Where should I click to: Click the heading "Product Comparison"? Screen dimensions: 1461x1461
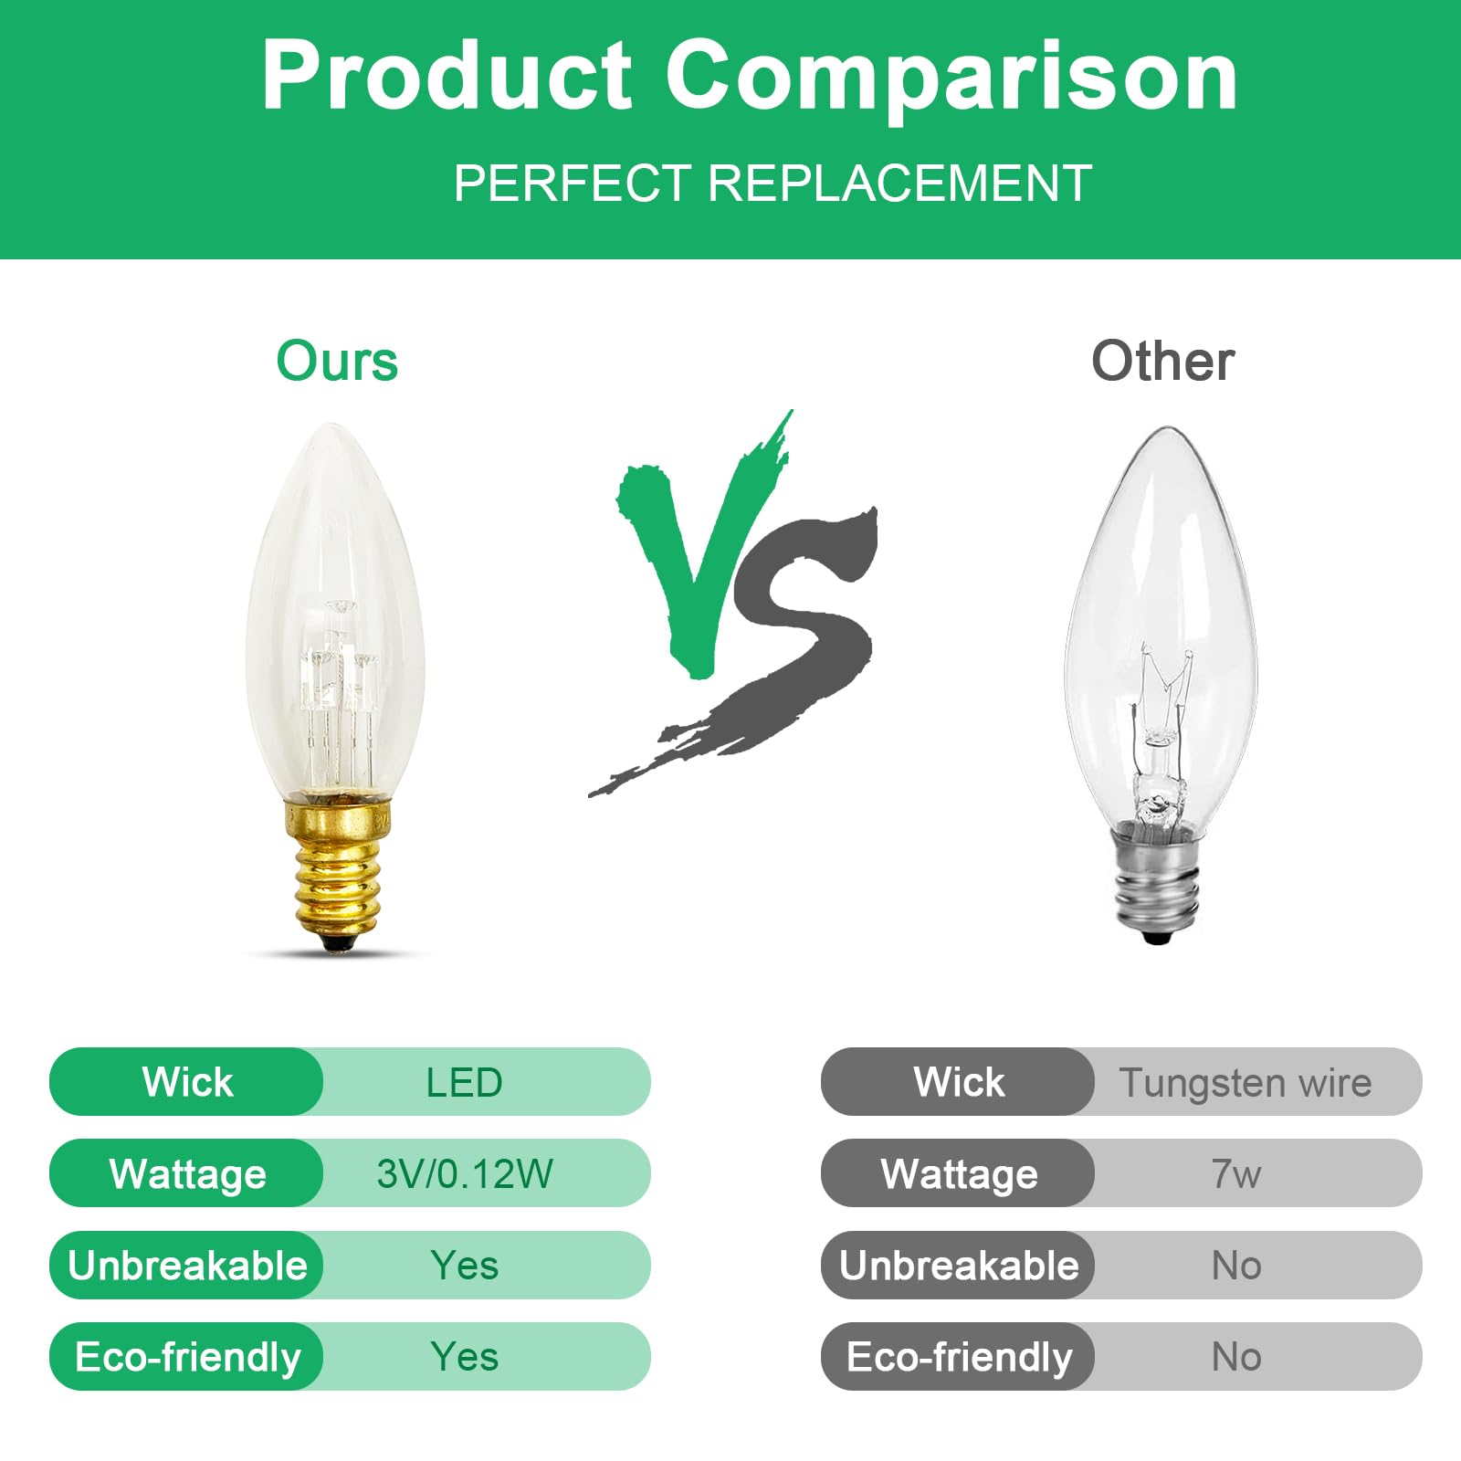coord(749,77)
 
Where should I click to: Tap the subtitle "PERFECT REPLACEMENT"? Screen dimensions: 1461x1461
coord(773,184)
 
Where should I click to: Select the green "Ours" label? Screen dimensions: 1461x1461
coord(337,362)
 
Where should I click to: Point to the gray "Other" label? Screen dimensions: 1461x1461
coord(1162,362)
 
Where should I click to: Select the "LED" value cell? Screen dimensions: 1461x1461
coord(464,1083)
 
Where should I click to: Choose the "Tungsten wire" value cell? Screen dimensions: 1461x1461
coord(1246,1083)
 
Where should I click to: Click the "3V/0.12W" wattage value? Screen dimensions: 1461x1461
coord(464,1174)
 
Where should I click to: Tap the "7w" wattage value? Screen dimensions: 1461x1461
coord(1236,1174)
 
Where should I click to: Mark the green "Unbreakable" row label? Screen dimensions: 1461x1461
coord(187,1266)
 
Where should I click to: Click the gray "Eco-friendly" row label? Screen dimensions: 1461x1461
coord(959,1357)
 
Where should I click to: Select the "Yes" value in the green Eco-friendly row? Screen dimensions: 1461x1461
coord(464,1357)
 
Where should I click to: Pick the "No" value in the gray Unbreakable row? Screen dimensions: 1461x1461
coord(1236,1266)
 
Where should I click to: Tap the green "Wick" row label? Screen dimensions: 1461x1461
coord(187,1083)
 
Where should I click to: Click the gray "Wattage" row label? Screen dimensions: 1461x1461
coord(959,1174)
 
